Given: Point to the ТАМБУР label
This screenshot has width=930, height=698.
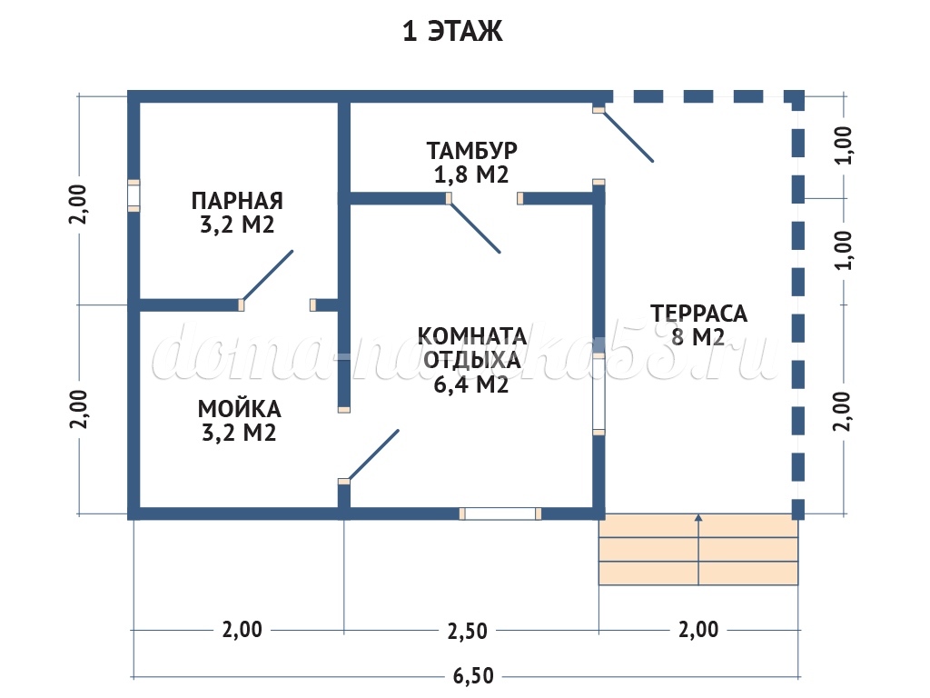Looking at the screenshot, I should [472, 149].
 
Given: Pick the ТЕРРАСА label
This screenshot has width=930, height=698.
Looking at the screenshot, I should [698, 314].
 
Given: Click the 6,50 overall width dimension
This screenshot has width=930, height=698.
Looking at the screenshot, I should [472, 676].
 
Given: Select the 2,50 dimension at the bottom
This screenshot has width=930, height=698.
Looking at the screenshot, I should [470, 629].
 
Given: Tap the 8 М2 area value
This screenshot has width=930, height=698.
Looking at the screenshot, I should [698, 338].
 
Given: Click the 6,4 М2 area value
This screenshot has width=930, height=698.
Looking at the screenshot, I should [471, 384].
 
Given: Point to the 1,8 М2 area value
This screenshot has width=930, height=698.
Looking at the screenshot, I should [471, 174].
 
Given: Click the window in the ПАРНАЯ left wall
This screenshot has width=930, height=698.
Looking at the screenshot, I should [134, 195].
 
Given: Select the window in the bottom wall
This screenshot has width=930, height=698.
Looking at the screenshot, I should [500, 514].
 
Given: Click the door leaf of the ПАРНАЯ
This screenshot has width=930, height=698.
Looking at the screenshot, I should [267, 275].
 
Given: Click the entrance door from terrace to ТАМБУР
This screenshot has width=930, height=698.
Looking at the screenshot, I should [628, 135].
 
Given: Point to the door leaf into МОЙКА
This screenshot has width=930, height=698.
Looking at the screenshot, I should [372, 454].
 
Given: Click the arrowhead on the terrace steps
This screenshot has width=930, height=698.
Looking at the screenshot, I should [698, 518].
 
